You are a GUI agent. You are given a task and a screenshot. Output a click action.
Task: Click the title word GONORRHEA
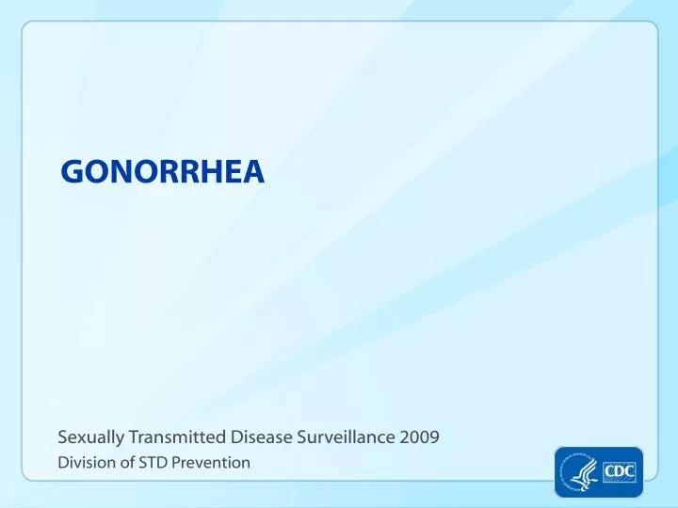pos(162,171)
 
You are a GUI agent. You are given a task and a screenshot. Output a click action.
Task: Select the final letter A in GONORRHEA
pos(252,171)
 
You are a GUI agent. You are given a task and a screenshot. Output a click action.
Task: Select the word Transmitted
pos(176,437)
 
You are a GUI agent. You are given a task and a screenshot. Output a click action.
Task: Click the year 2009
pos(419,437)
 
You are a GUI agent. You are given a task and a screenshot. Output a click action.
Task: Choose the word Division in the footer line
pos(83,462)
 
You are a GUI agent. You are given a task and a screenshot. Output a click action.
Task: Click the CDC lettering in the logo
pos(619,469)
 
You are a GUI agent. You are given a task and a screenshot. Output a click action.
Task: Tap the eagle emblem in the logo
pos(577,471)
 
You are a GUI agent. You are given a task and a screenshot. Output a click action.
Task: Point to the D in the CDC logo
pos(619,469)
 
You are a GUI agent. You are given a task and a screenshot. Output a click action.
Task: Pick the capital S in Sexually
pos(62,437)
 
